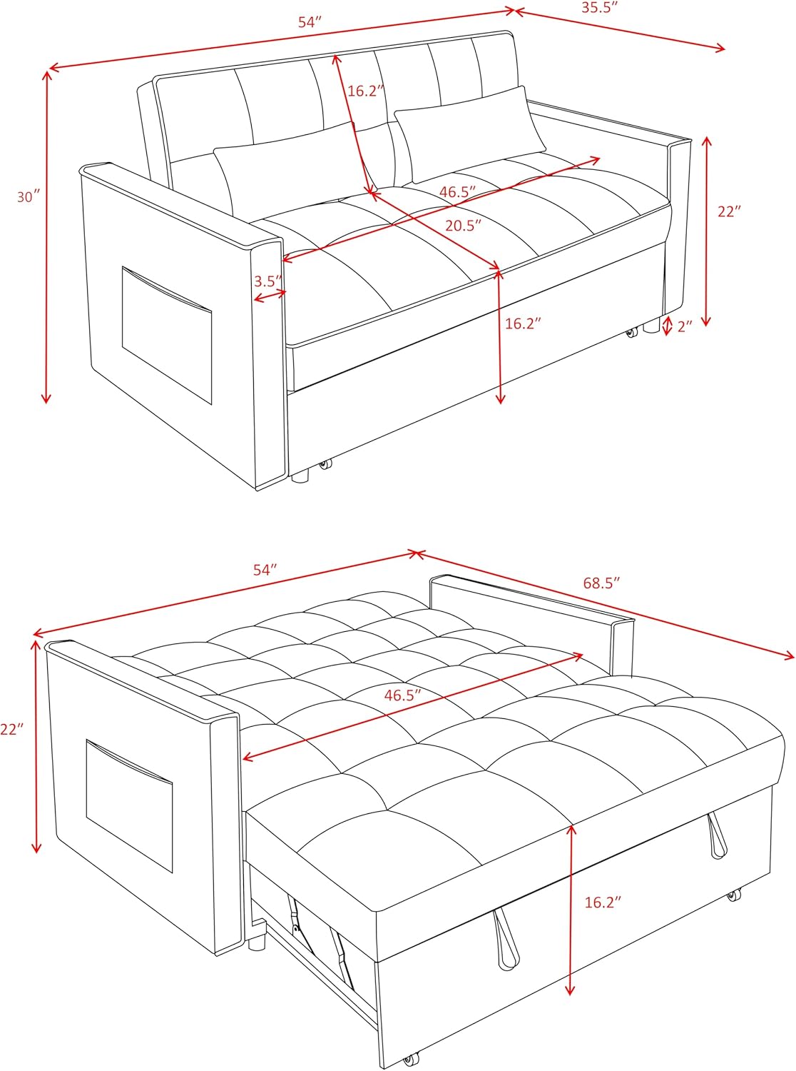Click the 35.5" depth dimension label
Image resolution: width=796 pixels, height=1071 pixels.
[599, 8]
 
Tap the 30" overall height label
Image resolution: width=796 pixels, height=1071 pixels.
[28, 197]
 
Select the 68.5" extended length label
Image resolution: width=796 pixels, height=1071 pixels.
[601, 583]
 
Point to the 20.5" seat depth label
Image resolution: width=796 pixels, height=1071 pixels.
[464, 226]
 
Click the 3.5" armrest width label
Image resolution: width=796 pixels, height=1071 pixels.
[268, 281]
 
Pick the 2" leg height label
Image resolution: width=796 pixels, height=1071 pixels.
[685, 326]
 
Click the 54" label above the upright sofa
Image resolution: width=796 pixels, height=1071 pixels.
[310, 22]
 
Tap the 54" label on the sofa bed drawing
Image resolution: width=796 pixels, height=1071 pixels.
[265, 570]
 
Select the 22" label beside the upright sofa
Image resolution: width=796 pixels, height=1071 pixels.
[729, 211]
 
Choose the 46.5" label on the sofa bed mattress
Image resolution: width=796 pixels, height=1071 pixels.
[402, 695]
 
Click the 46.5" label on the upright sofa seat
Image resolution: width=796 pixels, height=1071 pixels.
[457, 192]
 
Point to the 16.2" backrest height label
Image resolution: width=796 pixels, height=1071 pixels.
[366, 91]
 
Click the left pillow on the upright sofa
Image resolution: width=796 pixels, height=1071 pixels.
[285, 168]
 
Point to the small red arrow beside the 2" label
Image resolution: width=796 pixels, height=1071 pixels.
[667, 326]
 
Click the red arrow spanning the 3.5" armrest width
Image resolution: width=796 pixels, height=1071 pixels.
[270, 295]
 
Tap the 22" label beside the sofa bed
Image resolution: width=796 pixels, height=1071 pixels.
[11, 730]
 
